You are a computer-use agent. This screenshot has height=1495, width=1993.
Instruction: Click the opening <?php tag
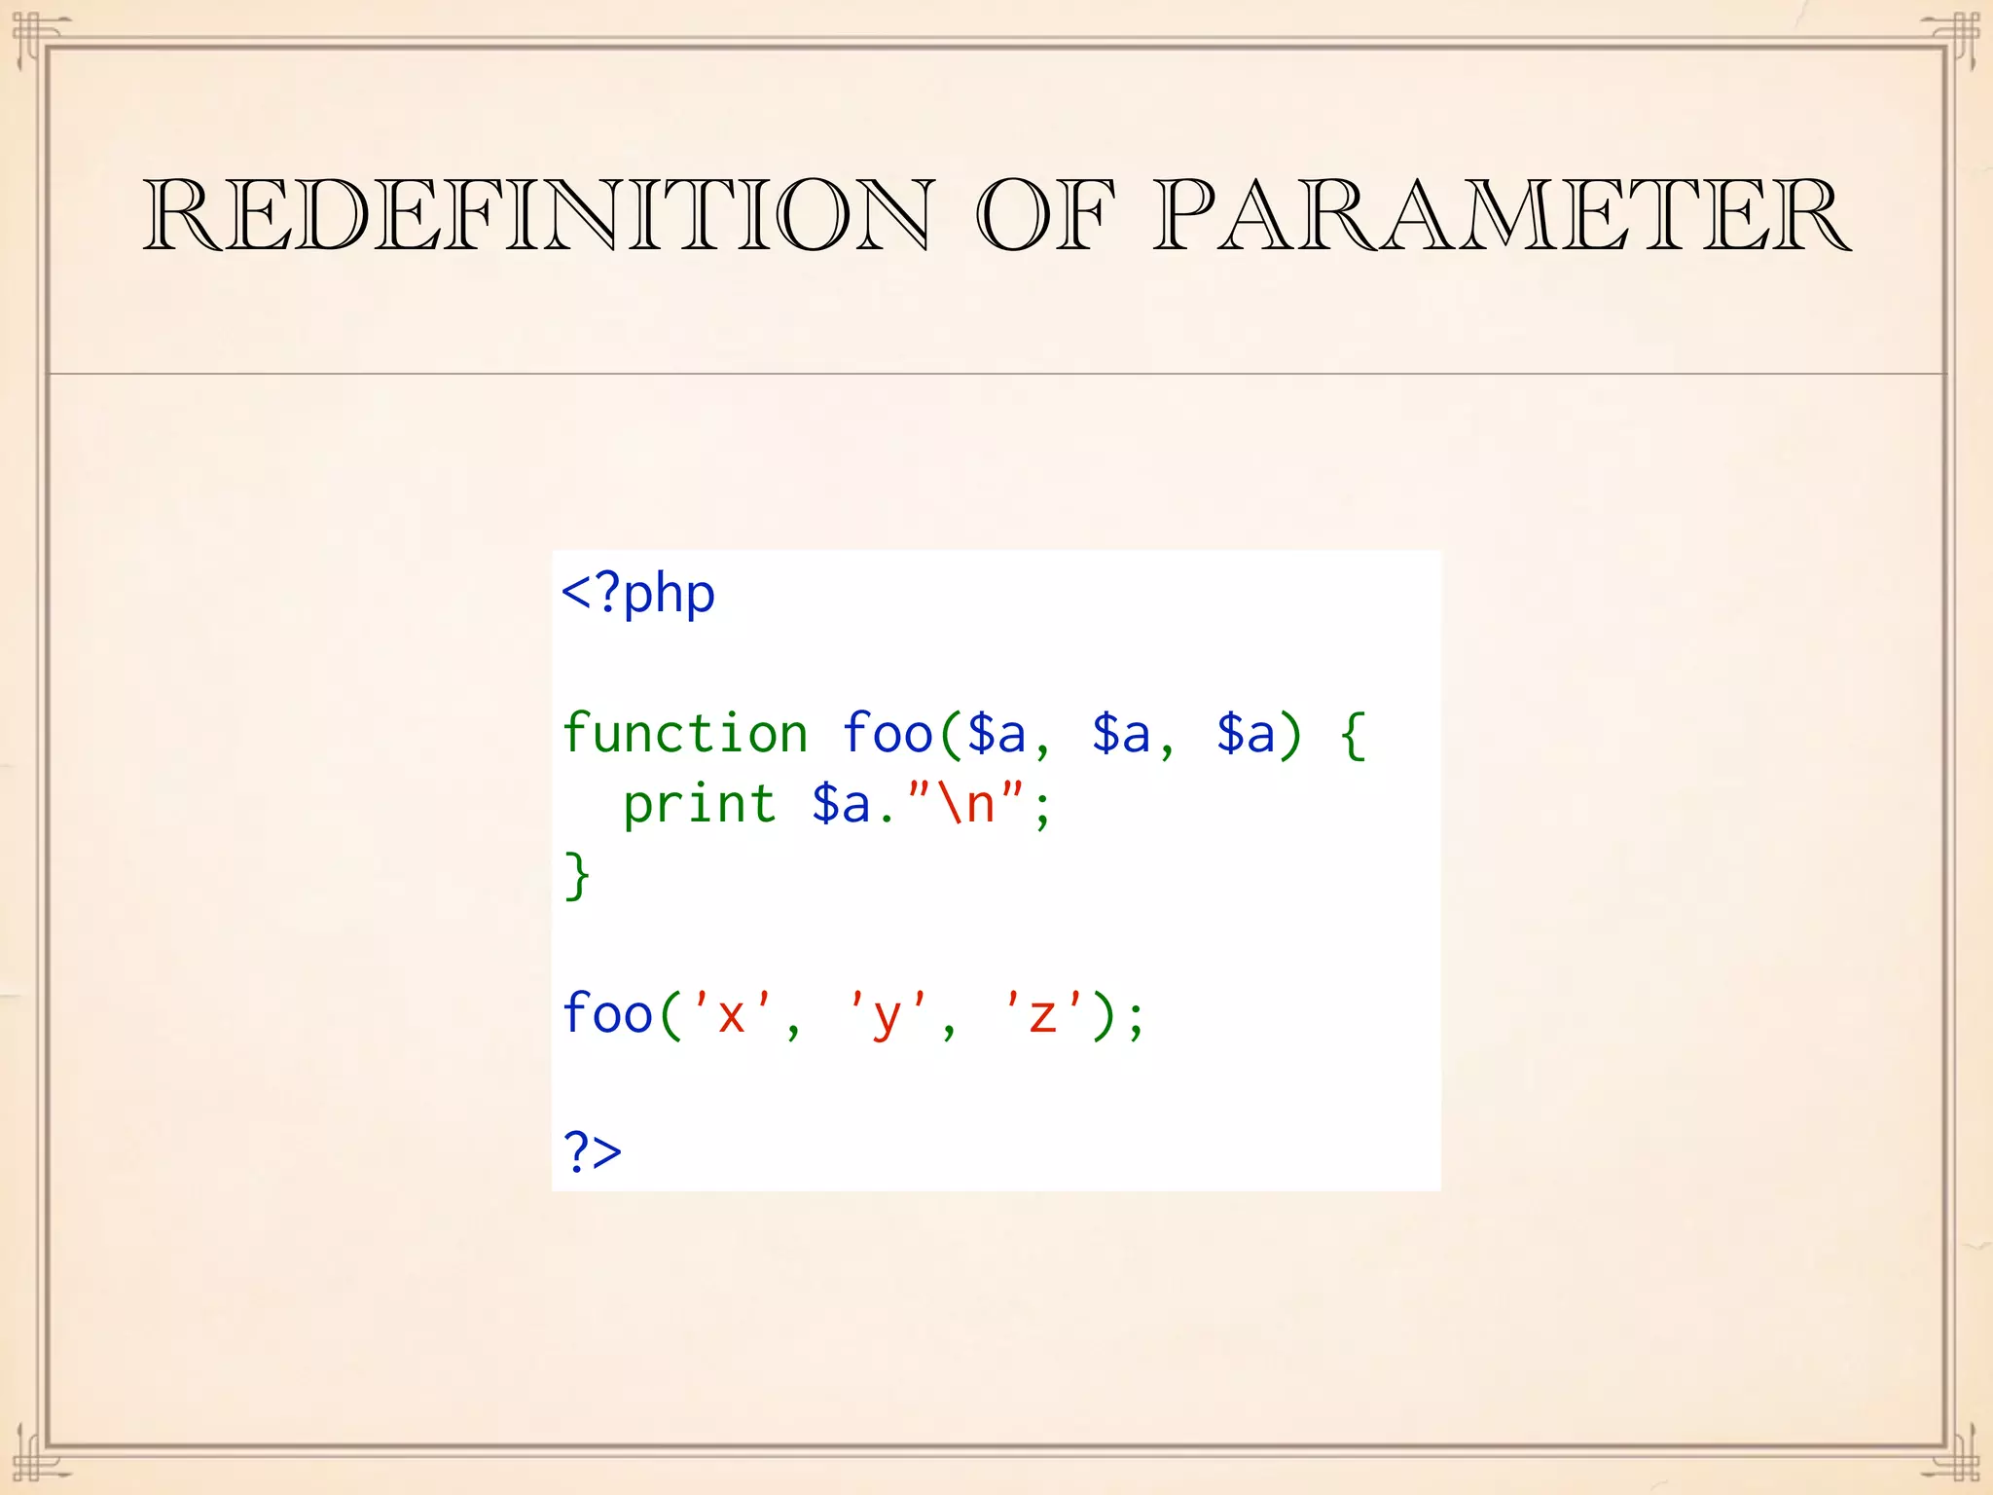pos(638,594)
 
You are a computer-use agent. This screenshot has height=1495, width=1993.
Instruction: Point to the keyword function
pos(685,734)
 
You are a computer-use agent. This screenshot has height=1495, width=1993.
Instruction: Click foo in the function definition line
pos(888,734)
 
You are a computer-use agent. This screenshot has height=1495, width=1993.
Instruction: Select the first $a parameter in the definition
pos(996,734)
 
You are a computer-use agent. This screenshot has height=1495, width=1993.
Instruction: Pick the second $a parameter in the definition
pos(1121,734)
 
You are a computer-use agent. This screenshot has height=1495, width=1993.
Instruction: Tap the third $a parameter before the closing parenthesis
pos(1246,734)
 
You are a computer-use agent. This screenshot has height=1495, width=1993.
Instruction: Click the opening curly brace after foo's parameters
pos(1354,736)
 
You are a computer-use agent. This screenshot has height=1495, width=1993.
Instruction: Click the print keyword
pos(700,806)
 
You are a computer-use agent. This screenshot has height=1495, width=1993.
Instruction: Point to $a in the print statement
pos(841,806)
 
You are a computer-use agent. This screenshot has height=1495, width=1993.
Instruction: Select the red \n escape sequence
pos(965,804)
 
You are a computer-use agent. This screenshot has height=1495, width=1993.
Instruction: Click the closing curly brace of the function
pos(577,876)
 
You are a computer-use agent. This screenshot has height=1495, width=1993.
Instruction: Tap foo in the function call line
pos(607,1014)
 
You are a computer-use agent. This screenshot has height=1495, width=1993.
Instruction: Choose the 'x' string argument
pos(731,1014)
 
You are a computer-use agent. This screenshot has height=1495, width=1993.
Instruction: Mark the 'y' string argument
pos(887,1014)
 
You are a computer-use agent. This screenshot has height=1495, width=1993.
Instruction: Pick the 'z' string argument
pos(1042,1014)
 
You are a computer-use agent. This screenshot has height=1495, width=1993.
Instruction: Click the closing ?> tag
pos(593,1152)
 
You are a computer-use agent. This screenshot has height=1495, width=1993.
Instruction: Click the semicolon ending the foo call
pos(1136,1018)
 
